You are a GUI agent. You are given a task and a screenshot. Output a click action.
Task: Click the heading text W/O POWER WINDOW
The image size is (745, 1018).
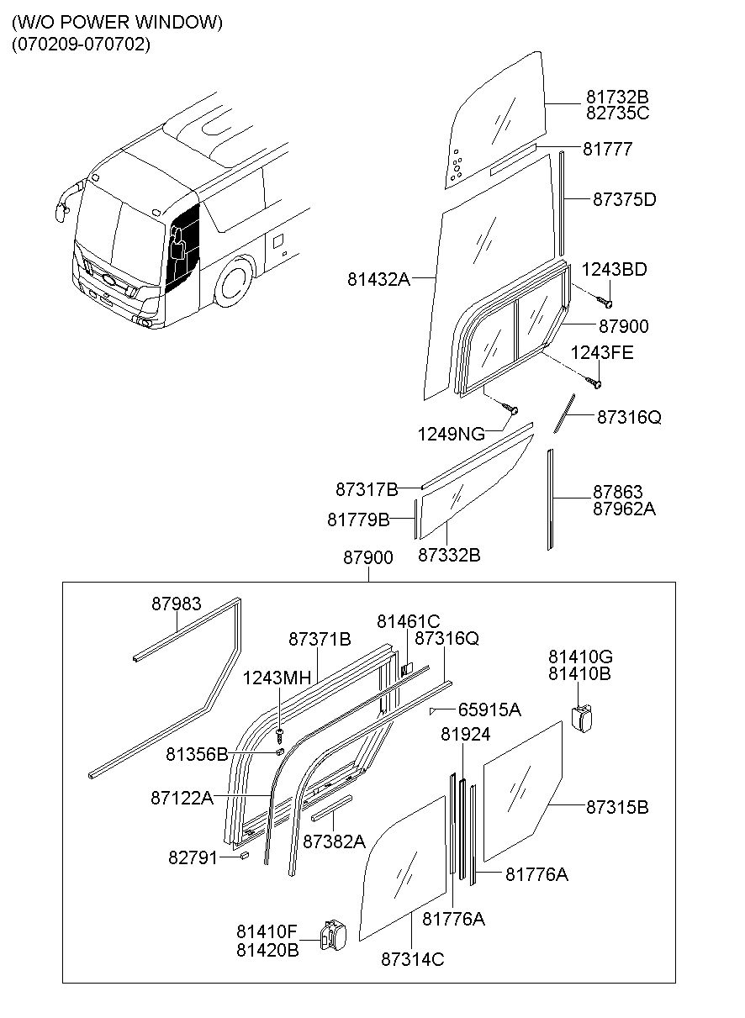tap(117, 23)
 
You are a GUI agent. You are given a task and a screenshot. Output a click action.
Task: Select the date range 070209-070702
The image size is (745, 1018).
tap(81, 45)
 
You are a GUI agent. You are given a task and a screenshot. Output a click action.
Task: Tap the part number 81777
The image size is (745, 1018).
tap(607, 149)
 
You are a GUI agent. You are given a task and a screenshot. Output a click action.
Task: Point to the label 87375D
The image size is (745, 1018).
tap(624, 199)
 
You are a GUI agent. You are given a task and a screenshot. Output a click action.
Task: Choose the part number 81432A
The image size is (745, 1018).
tap(378, 277)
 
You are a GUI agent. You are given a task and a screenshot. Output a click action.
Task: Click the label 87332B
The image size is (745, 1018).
tap(449, 555)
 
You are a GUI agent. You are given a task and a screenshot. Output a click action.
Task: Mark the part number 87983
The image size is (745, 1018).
tap(177, 604)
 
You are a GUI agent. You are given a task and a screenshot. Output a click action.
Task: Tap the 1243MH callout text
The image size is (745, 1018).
tap(277, 678)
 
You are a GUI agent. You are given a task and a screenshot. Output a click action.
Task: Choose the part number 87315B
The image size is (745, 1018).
tap(617, 807)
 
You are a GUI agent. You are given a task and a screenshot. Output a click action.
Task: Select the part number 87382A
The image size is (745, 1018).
tap(334, 841)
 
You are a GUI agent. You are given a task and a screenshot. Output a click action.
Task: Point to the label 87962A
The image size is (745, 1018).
tap(623, 509)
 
